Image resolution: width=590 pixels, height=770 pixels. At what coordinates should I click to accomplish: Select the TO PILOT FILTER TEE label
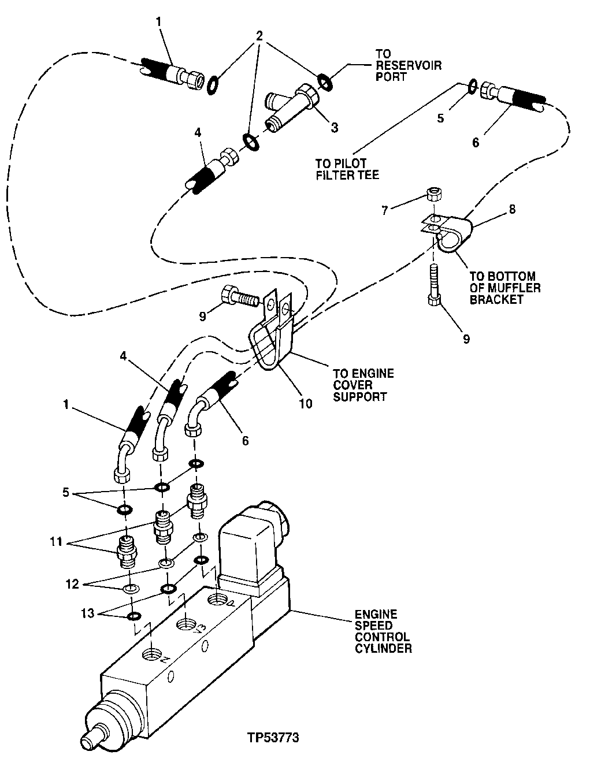tap(348, 169)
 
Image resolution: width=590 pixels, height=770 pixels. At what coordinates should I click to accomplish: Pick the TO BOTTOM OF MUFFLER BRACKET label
tap(504, 288)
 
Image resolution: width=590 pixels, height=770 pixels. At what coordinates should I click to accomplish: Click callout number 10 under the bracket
tap(306, 404)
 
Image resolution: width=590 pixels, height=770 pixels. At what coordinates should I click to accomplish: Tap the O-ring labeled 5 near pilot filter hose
tap(473, 86)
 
